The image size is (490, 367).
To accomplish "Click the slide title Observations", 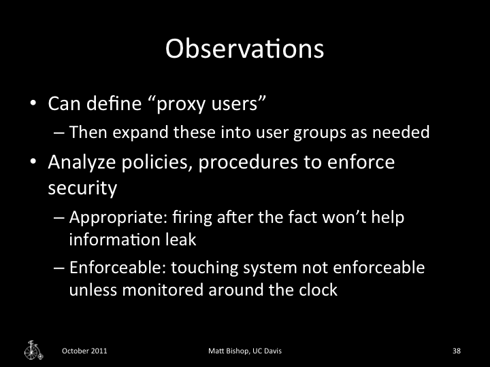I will tap(244, 49).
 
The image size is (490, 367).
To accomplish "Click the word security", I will tap(82, 188).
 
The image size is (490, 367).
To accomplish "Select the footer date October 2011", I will tap(84, 351).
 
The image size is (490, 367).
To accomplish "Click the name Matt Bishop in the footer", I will tap(228, 351).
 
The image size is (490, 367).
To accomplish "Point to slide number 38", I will tap(457, 351).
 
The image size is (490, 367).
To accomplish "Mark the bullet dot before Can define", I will tap(32, 105).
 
